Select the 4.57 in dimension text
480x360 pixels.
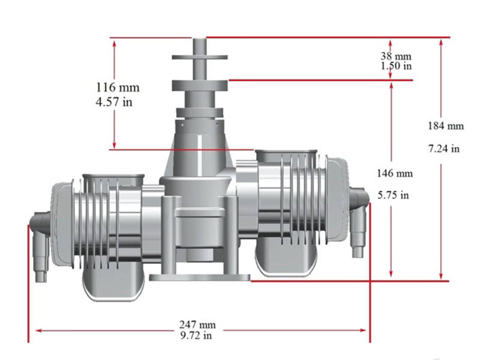[114, 102]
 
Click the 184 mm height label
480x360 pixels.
[446, 126]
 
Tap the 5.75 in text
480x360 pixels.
[393, 195]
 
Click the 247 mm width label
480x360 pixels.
[197, 325]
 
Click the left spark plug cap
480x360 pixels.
[40, 246]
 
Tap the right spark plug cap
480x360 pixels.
[359, 225]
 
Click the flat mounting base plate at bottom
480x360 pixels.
[199, 277]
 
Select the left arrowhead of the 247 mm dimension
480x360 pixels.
[37, 330]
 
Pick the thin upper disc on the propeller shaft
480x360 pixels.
[199, 58]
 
